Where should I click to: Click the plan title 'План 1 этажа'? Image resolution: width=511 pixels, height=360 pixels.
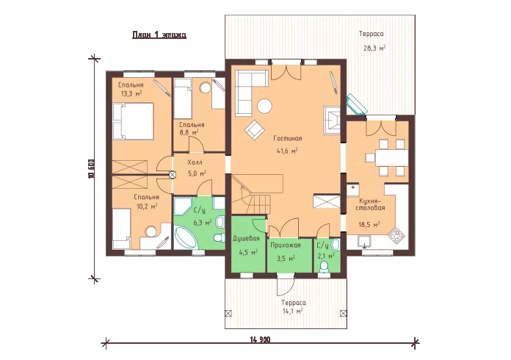[x=159, y=35]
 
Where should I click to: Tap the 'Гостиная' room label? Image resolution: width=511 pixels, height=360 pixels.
[x=288, y=139]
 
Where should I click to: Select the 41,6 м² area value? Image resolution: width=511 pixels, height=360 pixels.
[x=286, y=151]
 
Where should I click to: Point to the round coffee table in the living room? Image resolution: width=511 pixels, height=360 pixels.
[x=264, y=106]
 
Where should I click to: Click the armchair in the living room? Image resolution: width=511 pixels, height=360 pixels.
[x=255, y=129]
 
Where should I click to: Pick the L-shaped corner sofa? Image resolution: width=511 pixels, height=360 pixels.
[x=247, y=92]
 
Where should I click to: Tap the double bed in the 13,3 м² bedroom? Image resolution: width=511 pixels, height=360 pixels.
[x=133, y=121]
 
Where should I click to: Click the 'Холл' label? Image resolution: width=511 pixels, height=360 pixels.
[x=195, y=162]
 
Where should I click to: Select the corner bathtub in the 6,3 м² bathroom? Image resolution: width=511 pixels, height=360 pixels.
[x=184, y=238]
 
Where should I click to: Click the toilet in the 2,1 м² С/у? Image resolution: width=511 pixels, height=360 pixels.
[x=324, y=267]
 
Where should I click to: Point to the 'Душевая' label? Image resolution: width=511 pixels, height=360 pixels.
[x=246, y=238]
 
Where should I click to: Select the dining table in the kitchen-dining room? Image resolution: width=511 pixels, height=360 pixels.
[x=391, y=158]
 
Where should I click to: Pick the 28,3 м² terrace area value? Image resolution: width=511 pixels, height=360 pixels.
[x=374, y=48]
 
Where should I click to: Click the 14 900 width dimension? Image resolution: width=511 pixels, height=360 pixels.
[x=260, y=339]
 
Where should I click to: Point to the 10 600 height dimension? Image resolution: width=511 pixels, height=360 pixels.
[x=91, y=169]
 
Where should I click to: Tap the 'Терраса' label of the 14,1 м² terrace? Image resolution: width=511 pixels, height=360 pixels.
[x=294, y=303]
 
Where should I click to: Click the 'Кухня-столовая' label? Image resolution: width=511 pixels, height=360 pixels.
[x=370, y=204]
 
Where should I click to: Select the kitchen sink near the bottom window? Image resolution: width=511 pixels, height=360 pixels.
[x=364, y=242]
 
